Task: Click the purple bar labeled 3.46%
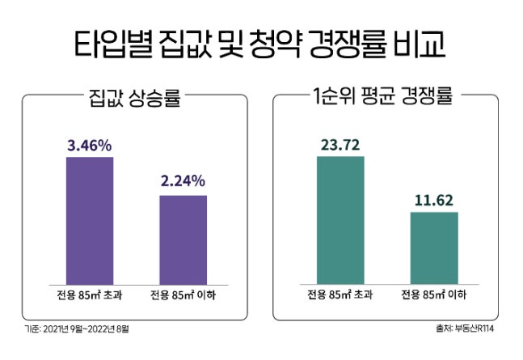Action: click(x=90, y=218)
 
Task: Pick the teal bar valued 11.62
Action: click(x=434, y=246)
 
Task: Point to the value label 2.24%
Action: click(x=183, y=180)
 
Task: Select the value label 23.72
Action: click(x=340, y=145)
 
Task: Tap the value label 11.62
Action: click(x=434, y=199)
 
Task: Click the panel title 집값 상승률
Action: click(x=133, y=101)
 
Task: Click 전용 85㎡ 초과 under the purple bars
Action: click(x=90, y=295)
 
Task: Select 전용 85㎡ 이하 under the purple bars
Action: click(x=183, y=295)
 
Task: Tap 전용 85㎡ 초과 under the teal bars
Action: click(x=340, y=295)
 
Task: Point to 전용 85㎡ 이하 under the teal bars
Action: click(x=434, y=295)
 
